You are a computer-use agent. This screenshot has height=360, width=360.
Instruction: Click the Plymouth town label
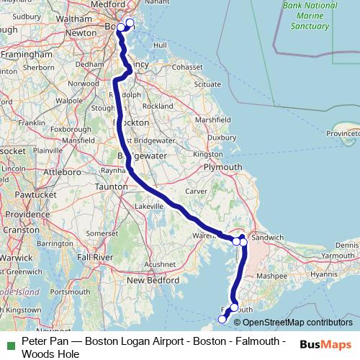click(x=223, y=167)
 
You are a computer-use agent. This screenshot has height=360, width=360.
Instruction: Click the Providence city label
click(x=24, y=215)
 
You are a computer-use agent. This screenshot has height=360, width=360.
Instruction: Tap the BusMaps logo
click(x=325, y=345)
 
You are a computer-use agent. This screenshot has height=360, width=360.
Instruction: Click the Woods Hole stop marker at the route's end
click(x=222, y=318)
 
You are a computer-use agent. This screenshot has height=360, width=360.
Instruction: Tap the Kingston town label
click(x=208, y=154)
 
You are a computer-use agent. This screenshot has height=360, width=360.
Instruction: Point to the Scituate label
click(x=207, y=84)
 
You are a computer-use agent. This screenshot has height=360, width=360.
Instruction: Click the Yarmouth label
click(x=338, y=256)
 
